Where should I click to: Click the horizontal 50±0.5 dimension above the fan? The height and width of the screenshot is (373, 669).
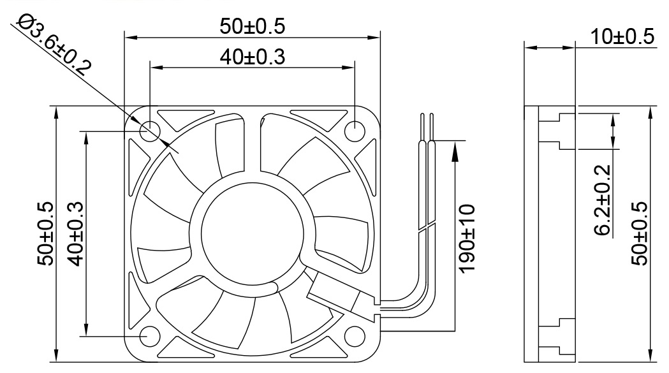252,26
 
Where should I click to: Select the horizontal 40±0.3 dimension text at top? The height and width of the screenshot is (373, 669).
252,57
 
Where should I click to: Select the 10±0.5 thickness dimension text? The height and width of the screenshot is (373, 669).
622,36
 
